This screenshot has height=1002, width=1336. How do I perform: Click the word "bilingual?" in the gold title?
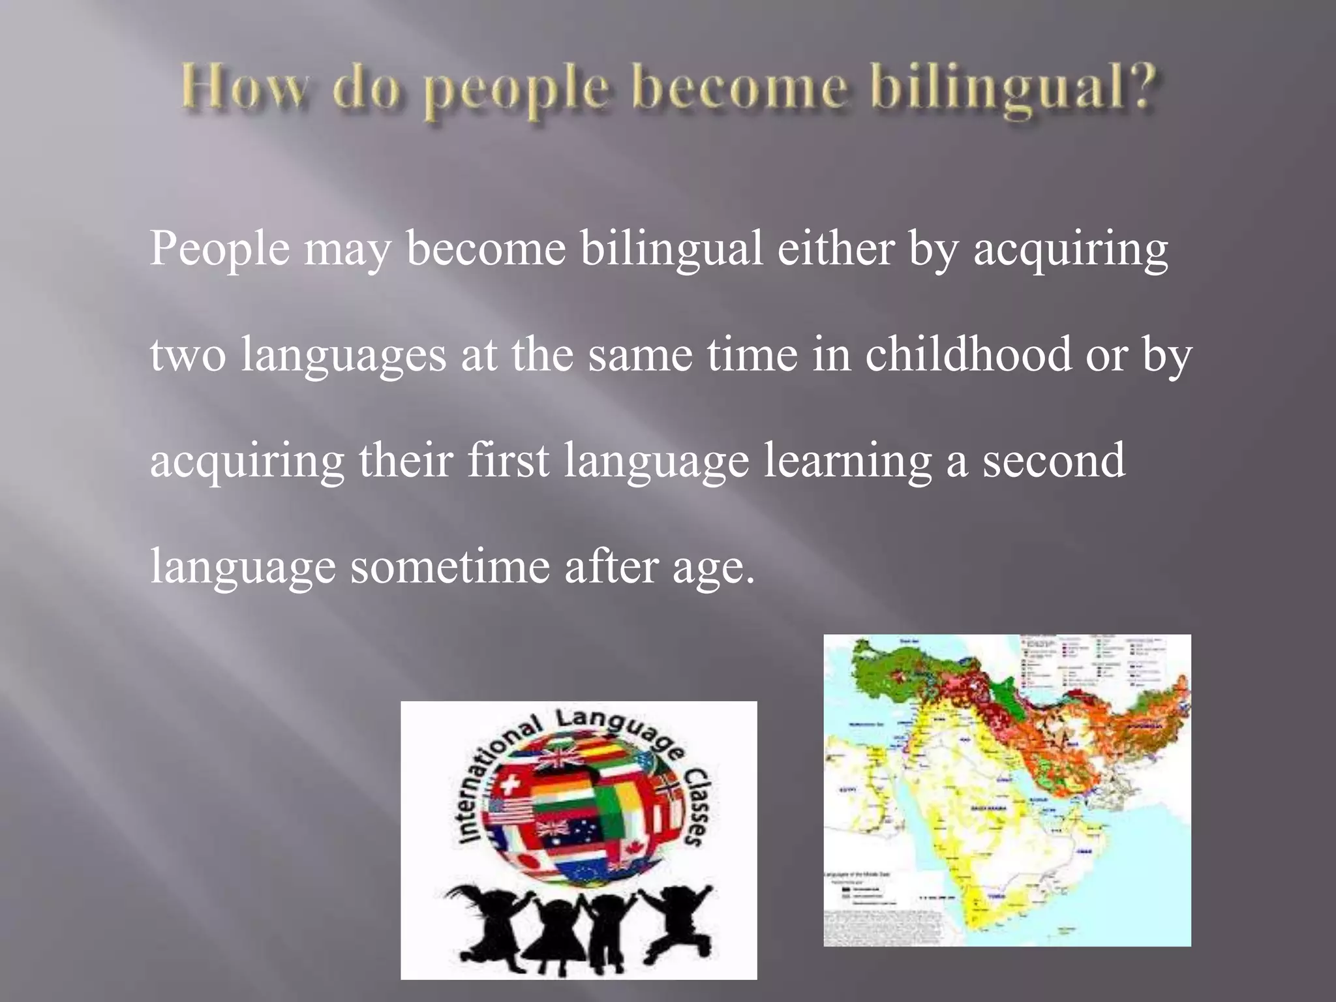tap(1014, 91)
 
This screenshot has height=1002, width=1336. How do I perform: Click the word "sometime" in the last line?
tap(450, 566)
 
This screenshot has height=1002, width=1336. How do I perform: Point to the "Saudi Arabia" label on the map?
tap(988, 809)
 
